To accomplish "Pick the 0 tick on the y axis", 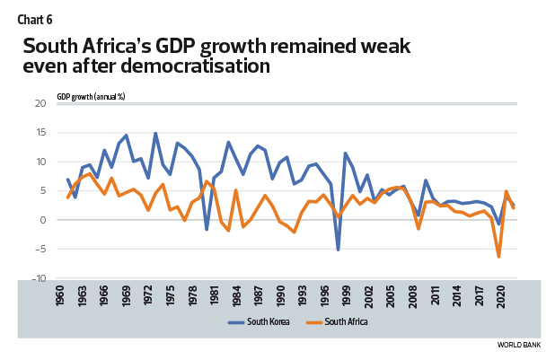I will coord(41,221).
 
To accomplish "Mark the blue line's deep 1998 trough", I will coord(339,250).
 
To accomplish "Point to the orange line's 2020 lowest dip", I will coord(498,257).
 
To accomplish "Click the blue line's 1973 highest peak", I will coord(155,133).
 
